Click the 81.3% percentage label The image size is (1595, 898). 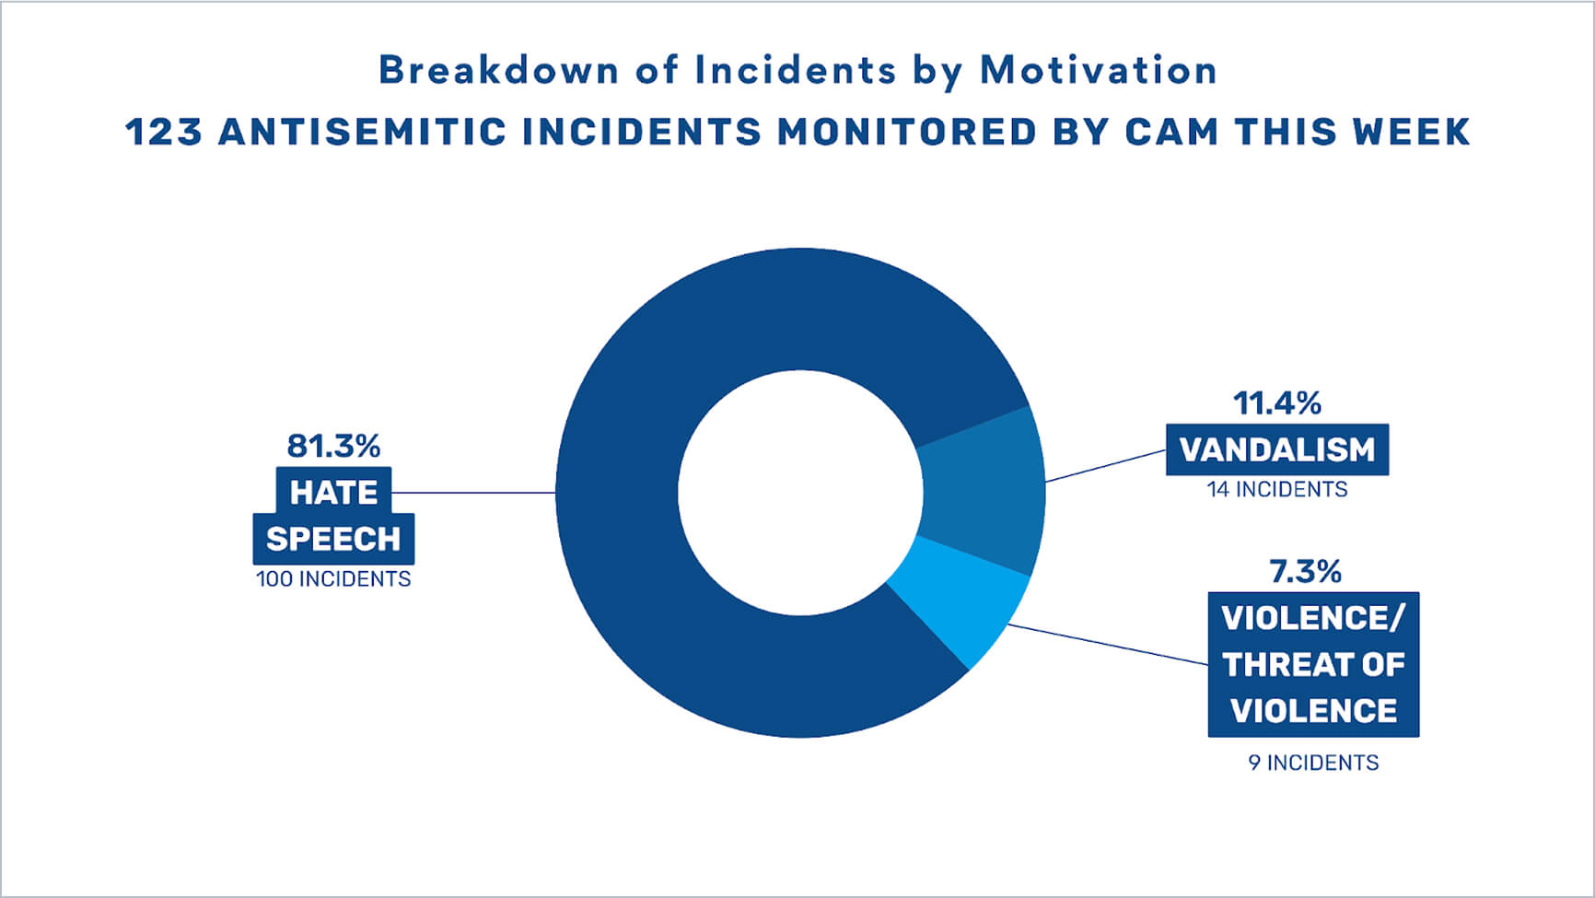[x=333, y=447]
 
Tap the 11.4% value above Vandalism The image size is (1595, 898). [x=1277, y=403]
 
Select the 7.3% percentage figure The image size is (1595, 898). [x=1306, y=572]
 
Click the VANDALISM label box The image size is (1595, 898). [x=1277, y=449]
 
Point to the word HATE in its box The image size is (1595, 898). [x=333, y=493]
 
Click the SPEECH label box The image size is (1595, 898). [x=333, y=539]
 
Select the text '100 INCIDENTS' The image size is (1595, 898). [x=333, y=579]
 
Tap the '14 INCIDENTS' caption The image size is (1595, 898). [x=1277, y=490]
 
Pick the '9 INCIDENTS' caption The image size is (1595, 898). [x=1313, y=763]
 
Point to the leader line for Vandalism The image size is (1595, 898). [x=1106, y=466]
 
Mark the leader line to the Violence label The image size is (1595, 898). [x=1108, y=645]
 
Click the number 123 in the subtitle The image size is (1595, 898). [x=163, y=132]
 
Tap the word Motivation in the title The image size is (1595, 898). [x=1099, y=70]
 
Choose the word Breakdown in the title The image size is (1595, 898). [x=499, y=70]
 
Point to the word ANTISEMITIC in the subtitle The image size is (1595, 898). [x=363, y=132]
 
